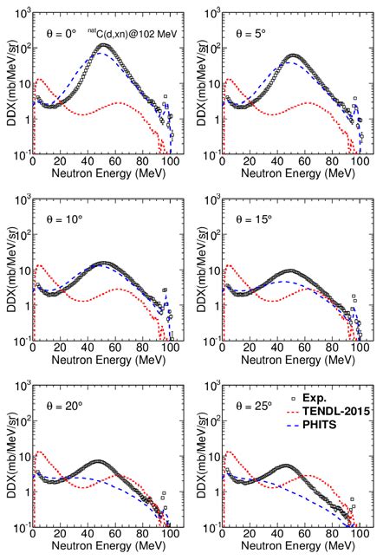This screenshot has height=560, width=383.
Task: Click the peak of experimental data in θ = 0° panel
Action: (x=104, y=45)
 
